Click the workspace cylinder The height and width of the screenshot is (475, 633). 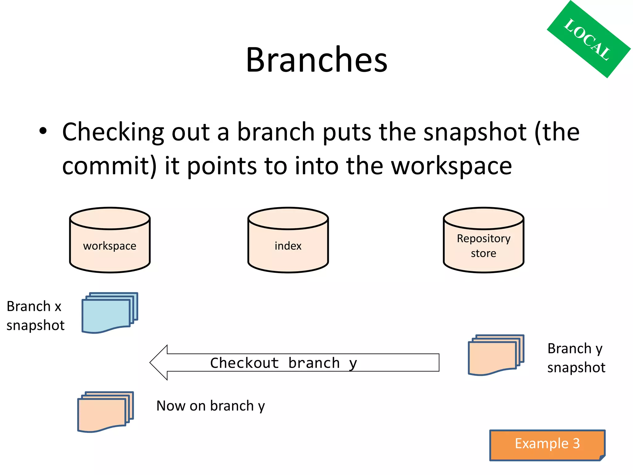[x=110, y=240]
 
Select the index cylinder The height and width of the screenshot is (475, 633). [x=288, y=240]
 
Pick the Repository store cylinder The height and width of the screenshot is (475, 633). [x=483, y=240]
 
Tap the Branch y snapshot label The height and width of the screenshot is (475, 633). [x=576, y=358]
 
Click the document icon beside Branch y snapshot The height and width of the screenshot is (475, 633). [x=495, y=355]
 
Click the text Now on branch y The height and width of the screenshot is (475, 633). [x=210, y=406]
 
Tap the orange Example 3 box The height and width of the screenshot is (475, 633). [x=547, y=444]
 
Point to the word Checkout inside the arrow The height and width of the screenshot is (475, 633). [x=244, y=363]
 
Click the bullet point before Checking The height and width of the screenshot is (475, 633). [x=43, y=131]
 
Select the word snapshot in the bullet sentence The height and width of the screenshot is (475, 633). [x=474, y=132]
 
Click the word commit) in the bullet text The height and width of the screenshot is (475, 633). [x=109, y=166]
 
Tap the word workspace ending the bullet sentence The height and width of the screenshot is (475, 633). [x=451, y=166]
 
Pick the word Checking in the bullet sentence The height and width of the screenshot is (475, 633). [x=113, y=132]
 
